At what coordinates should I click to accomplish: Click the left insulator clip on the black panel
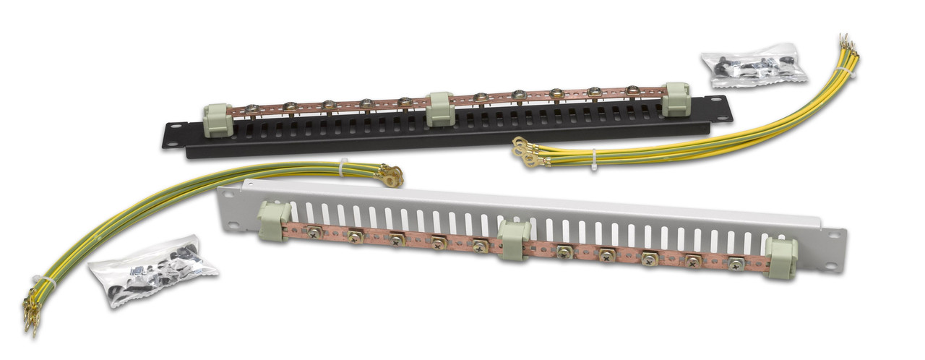tap(218, 120)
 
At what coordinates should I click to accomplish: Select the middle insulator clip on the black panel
tap(439, 109)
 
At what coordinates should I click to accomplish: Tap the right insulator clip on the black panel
tap(676, 100)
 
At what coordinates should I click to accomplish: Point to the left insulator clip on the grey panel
tap(274, 220)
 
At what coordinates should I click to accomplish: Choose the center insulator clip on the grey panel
tap(514, 240)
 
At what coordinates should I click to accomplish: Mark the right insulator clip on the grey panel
tap(780, 257)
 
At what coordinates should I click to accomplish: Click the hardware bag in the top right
tap(754, 66)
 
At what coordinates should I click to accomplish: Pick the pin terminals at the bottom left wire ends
tap(31, 316)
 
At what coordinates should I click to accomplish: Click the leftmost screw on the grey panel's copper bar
tap(314, 231)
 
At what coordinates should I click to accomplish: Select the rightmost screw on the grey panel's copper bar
tap(736, 264)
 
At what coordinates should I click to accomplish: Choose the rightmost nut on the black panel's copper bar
tap(632, 90)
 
